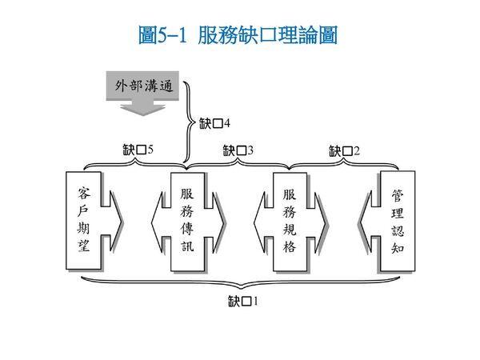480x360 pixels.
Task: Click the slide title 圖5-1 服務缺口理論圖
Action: pos(238,36)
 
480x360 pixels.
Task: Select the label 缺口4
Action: pos(214,124)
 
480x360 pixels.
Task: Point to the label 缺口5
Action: pos(138,149)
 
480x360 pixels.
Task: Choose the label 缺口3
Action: pos(238,150)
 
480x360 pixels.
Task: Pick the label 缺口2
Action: pos(346,150)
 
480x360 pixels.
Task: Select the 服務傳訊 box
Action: pos(187,219)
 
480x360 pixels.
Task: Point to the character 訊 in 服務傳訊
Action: pos(187,246)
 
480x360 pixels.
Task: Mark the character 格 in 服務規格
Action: pos(290,246)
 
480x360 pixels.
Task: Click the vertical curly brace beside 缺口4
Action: pos(189,124)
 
